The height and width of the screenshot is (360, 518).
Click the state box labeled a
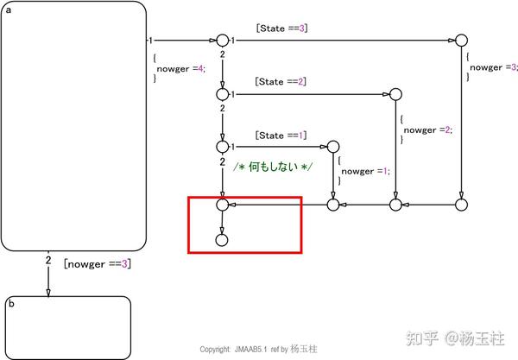tap(73, 125)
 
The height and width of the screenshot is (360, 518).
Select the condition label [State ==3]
tap(281, 28)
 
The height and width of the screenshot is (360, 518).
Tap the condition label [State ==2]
tap(281, 82)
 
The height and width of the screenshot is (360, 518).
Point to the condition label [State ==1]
tap(281, 136)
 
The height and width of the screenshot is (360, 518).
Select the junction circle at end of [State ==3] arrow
tap(461, 41)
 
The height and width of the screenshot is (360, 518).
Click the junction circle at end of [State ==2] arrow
tap(395, 94)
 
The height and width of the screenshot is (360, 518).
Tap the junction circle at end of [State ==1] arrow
tap(333, 148)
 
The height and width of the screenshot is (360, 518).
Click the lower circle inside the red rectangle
tap(222, 239)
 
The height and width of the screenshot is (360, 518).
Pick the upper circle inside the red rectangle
tap(222, 205)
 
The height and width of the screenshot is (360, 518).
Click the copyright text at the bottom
tap(258, 349)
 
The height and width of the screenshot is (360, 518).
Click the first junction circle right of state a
tap(222, 41)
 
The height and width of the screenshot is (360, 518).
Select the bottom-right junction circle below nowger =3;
tap(461, 205)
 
